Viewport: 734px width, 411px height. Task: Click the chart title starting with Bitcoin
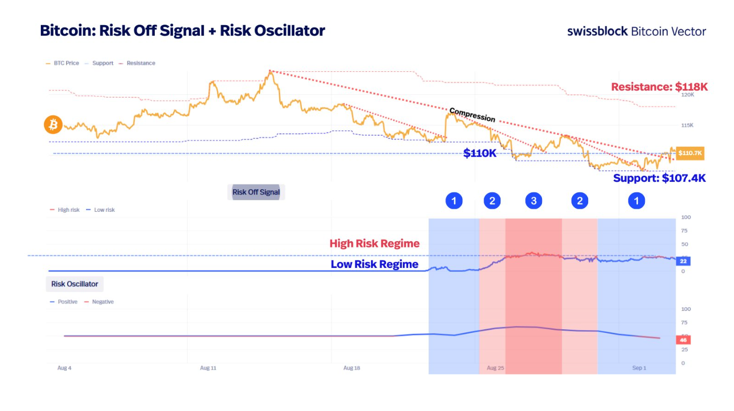coord(183,30)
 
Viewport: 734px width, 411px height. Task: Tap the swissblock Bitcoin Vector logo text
coord(636,31)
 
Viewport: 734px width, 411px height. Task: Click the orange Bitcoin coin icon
coord(53,125)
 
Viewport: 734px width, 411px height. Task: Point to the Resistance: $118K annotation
coord(659,86)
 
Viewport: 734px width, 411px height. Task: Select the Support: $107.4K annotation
coord(659,178)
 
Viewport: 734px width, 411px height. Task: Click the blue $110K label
coord(480,153)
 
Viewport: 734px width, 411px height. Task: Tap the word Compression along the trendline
coord(472,114)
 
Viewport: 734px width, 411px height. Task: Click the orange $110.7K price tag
coord(689,153)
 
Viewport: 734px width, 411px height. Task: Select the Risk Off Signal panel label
coord(256,192)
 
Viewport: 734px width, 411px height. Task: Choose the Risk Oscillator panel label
coord(75,284)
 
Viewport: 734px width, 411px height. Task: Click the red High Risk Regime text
coord(375,243)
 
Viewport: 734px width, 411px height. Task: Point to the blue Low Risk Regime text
coord(375,264)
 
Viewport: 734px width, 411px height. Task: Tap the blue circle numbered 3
coord(534,201)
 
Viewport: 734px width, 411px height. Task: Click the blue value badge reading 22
coord(683,261)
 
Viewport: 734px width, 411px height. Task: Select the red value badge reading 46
coord(683,340)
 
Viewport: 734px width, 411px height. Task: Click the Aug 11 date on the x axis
coord(208,368)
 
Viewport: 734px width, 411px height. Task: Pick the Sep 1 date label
coord(639,368)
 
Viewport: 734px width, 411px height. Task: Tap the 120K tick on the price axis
coord(687,95)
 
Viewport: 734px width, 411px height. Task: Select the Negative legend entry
coord(102,302)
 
